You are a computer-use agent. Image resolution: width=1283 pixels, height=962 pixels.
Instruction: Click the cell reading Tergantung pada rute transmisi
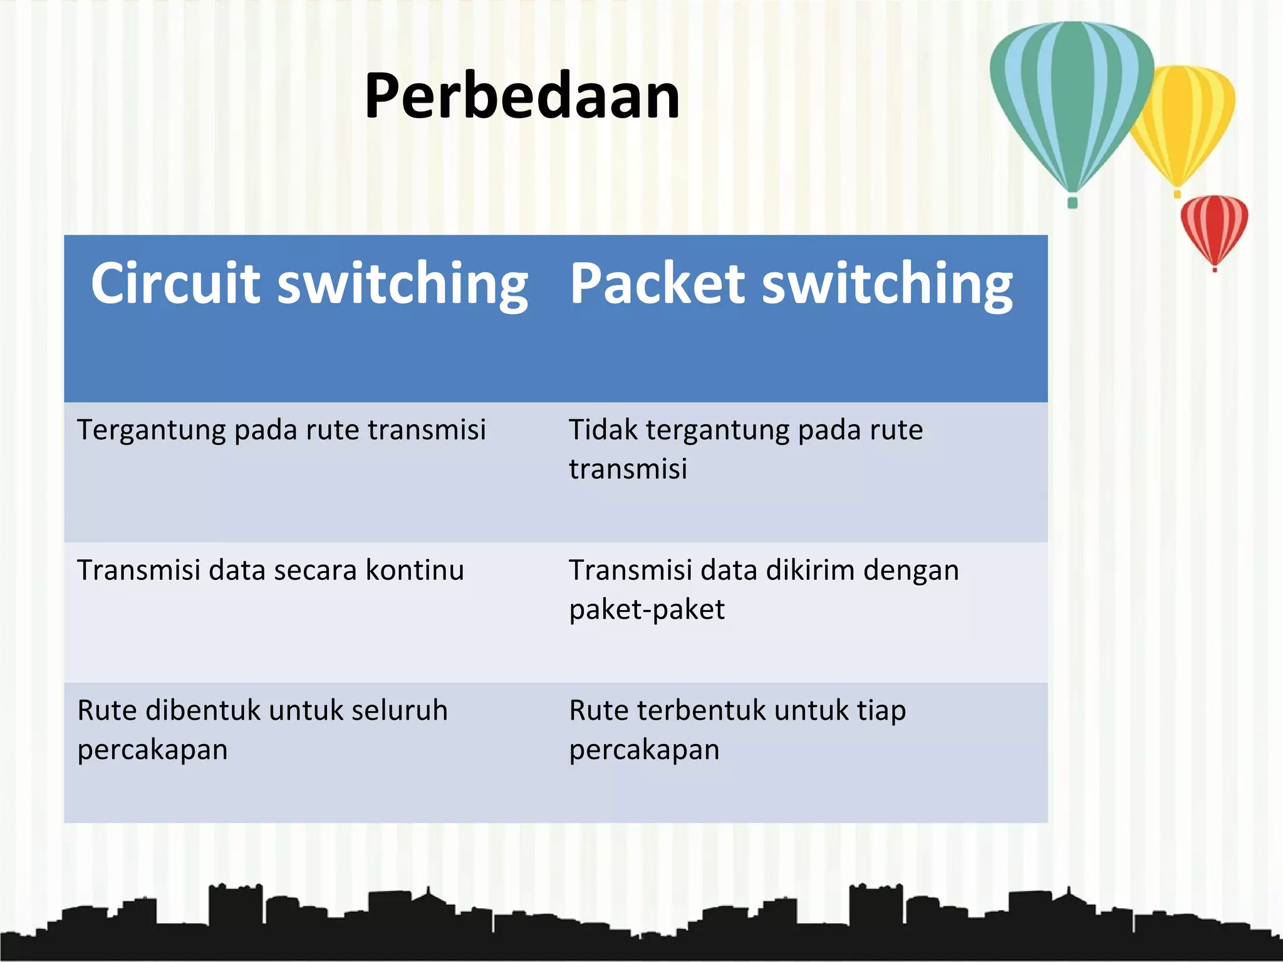click(281, 430)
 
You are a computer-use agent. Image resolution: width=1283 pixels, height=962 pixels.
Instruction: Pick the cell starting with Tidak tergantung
click(745, 449)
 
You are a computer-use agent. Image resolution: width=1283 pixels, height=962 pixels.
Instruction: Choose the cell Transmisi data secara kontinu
click(270, 571)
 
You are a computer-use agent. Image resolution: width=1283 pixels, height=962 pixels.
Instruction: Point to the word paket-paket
click(647, 609)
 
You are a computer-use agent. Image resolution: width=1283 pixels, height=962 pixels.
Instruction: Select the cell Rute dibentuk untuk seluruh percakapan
click(262, 730)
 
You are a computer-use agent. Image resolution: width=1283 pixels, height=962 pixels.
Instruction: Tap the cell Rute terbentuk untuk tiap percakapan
click(737, 730)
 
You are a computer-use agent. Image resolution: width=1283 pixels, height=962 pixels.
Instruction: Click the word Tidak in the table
click(603, 430)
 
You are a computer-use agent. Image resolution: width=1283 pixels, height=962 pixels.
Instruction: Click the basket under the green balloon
click(1072, 202)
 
